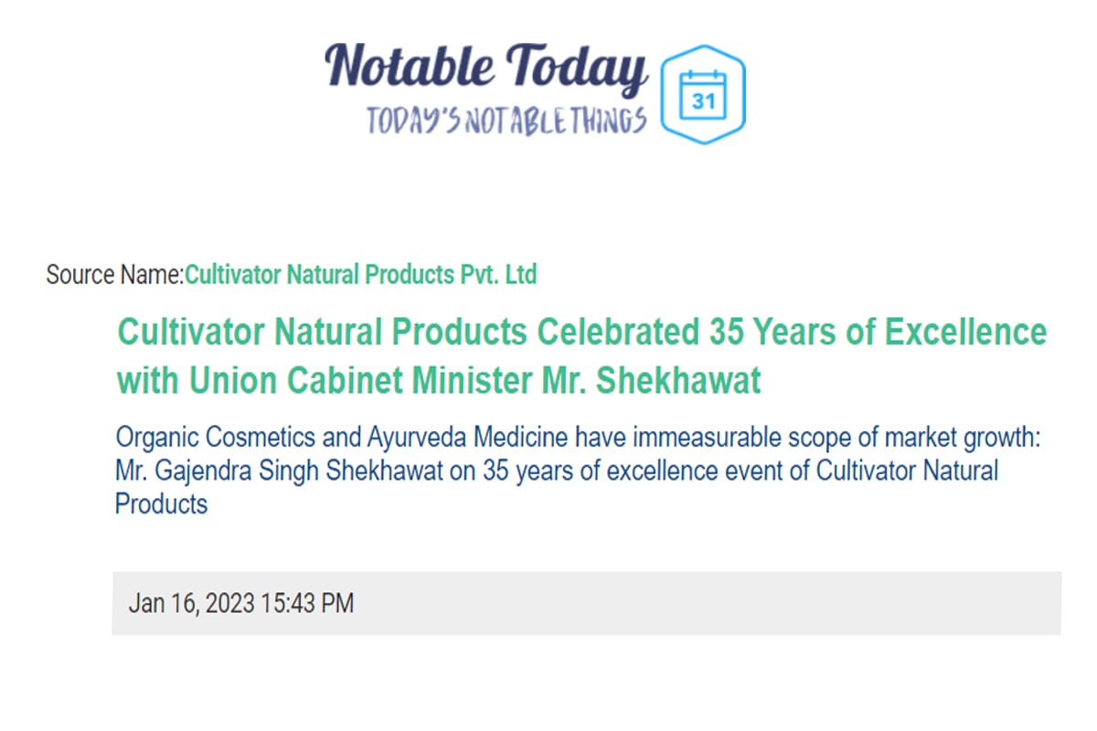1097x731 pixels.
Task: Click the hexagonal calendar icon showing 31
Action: click(703, 94)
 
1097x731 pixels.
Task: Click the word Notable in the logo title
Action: click(410, 66)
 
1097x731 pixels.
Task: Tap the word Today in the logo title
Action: click(577, 69)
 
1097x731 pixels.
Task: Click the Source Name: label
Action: click(114, 274)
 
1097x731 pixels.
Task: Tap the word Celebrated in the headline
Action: click(618, 332)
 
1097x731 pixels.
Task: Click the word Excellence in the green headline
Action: click(965, 332)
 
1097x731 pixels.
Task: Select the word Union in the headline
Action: click(233, 380)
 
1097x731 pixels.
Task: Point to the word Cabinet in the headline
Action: click(345, 380)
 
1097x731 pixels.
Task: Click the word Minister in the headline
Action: click(472, 380)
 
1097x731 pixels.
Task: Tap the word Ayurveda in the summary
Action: click(416, 437)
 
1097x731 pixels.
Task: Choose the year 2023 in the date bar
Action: click(229, 603)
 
